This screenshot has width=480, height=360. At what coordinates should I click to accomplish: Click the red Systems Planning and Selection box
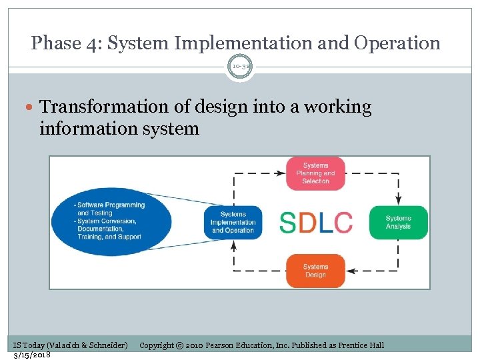(315, 173)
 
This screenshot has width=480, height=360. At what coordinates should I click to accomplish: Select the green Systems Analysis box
(398, 222)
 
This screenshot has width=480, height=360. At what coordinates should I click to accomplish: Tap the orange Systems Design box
(315, 271)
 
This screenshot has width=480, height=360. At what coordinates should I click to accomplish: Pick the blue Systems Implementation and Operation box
(233, 222)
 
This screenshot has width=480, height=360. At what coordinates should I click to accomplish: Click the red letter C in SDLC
(343, 223)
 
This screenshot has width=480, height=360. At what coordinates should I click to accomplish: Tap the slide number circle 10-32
(240, 67)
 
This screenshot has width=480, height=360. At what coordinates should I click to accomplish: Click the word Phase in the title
(56, 43)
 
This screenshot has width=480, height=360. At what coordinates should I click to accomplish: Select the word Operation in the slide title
(397, 43)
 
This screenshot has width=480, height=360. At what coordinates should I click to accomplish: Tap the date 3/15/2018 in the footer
(32, 354)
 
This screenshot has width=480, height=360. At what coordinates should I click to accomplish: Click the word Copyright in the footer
(157, 345)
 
